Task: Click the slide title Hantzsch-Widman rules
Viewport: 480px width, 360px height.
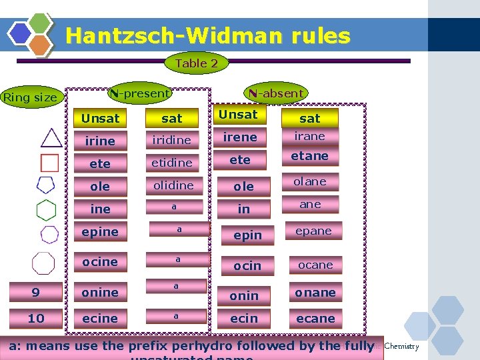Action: tap(208, 35)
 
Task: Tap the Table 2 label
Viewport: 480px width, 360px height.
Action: tap(196, 63)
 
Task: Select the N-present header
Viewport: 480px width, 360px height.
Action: tap(140, 94)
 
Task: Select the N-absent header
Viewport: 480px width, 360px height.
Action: tap(276, 94)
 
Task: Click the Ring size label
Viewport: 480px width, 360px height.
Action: tap(31, 98)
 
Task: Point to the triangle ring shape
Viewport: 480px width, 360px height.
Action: tap(51, 138)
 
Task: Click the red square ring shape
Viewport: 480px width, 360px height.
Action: tap(50, 163)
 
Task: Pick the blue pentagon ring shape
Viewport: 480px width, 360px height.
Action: tap(46, 185)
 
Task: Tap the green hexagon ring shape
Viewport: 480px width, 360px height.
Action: tap(46, 210)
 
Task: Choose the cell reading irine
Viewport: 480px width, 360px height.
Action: tap(100, 141)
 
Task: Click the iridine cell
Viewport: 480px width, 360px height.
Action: tap(171, 140)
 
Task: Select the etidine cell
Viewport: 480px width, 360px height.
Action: tap(171, 163)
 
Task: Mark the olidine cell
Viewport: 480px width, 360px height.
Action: tap(173, 185)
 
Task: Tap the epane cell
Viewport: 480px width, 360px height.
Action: tap(313, 231)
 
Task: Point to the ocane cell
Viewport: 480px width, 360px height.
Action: tap(315, 265)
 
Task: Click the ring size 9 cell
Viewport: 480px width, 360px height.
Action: tap(36, 292)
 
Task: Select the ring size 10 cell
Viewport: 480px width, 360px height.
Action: tap(36, 318)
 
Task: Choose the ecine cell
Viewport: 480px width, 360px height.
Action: tap(100, 318)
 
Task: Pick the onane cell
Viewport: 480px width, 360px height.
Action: tap(315, 292)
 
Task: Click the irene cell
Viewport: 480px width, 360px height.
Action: tap(240, 137)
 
